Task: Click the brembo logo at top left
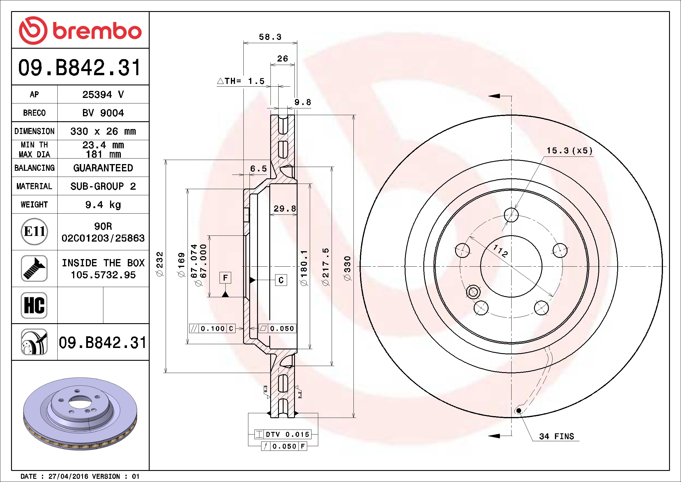pyautogui.click(x=80, y=30)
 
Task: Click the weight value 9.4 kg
pyautogui.click(x=103, y=205)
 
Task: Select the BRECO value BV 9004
pyautogui.click(x=103, y=113)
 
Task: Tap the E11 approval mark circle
pyautogui.click(x=34, y=231)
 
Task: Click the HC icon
pyautogui.click(x=34, y=305)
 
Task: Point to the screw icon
pyautogui.click(x=34, y=268)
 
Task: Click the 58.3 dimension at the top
pyautogui.click(x=270, y=37)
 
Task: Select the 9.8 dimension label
pyautogui.click(x=303, y=102)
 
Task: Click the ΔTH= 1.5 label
pyautogui.click(x=240, y=81)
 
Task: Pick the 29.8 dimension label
pyautogui.click(x=285, y=208)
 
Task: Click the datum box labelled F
pyautogui.click(x=225, y=278)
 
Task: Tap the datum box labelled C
pyautogui.click(x=281, y=280)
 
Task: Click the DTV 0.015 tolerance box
pyautogui.click(x=283, y=434)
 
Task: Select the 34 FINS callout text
pyautogui.click(x=556, y=436)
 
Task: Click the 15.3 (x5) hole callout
pyautogui.click(x=569, y=150)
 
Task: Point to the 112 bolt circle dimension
pyautogui.click(x=500, y=251)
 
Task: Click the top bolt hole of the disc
pyautogui.click(x=511, y=215)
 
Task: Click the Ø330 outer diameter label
pyautogui.click(x=347, y=268)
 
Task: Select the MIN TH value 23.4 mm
pyautogui.click(x=103, y=145)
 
